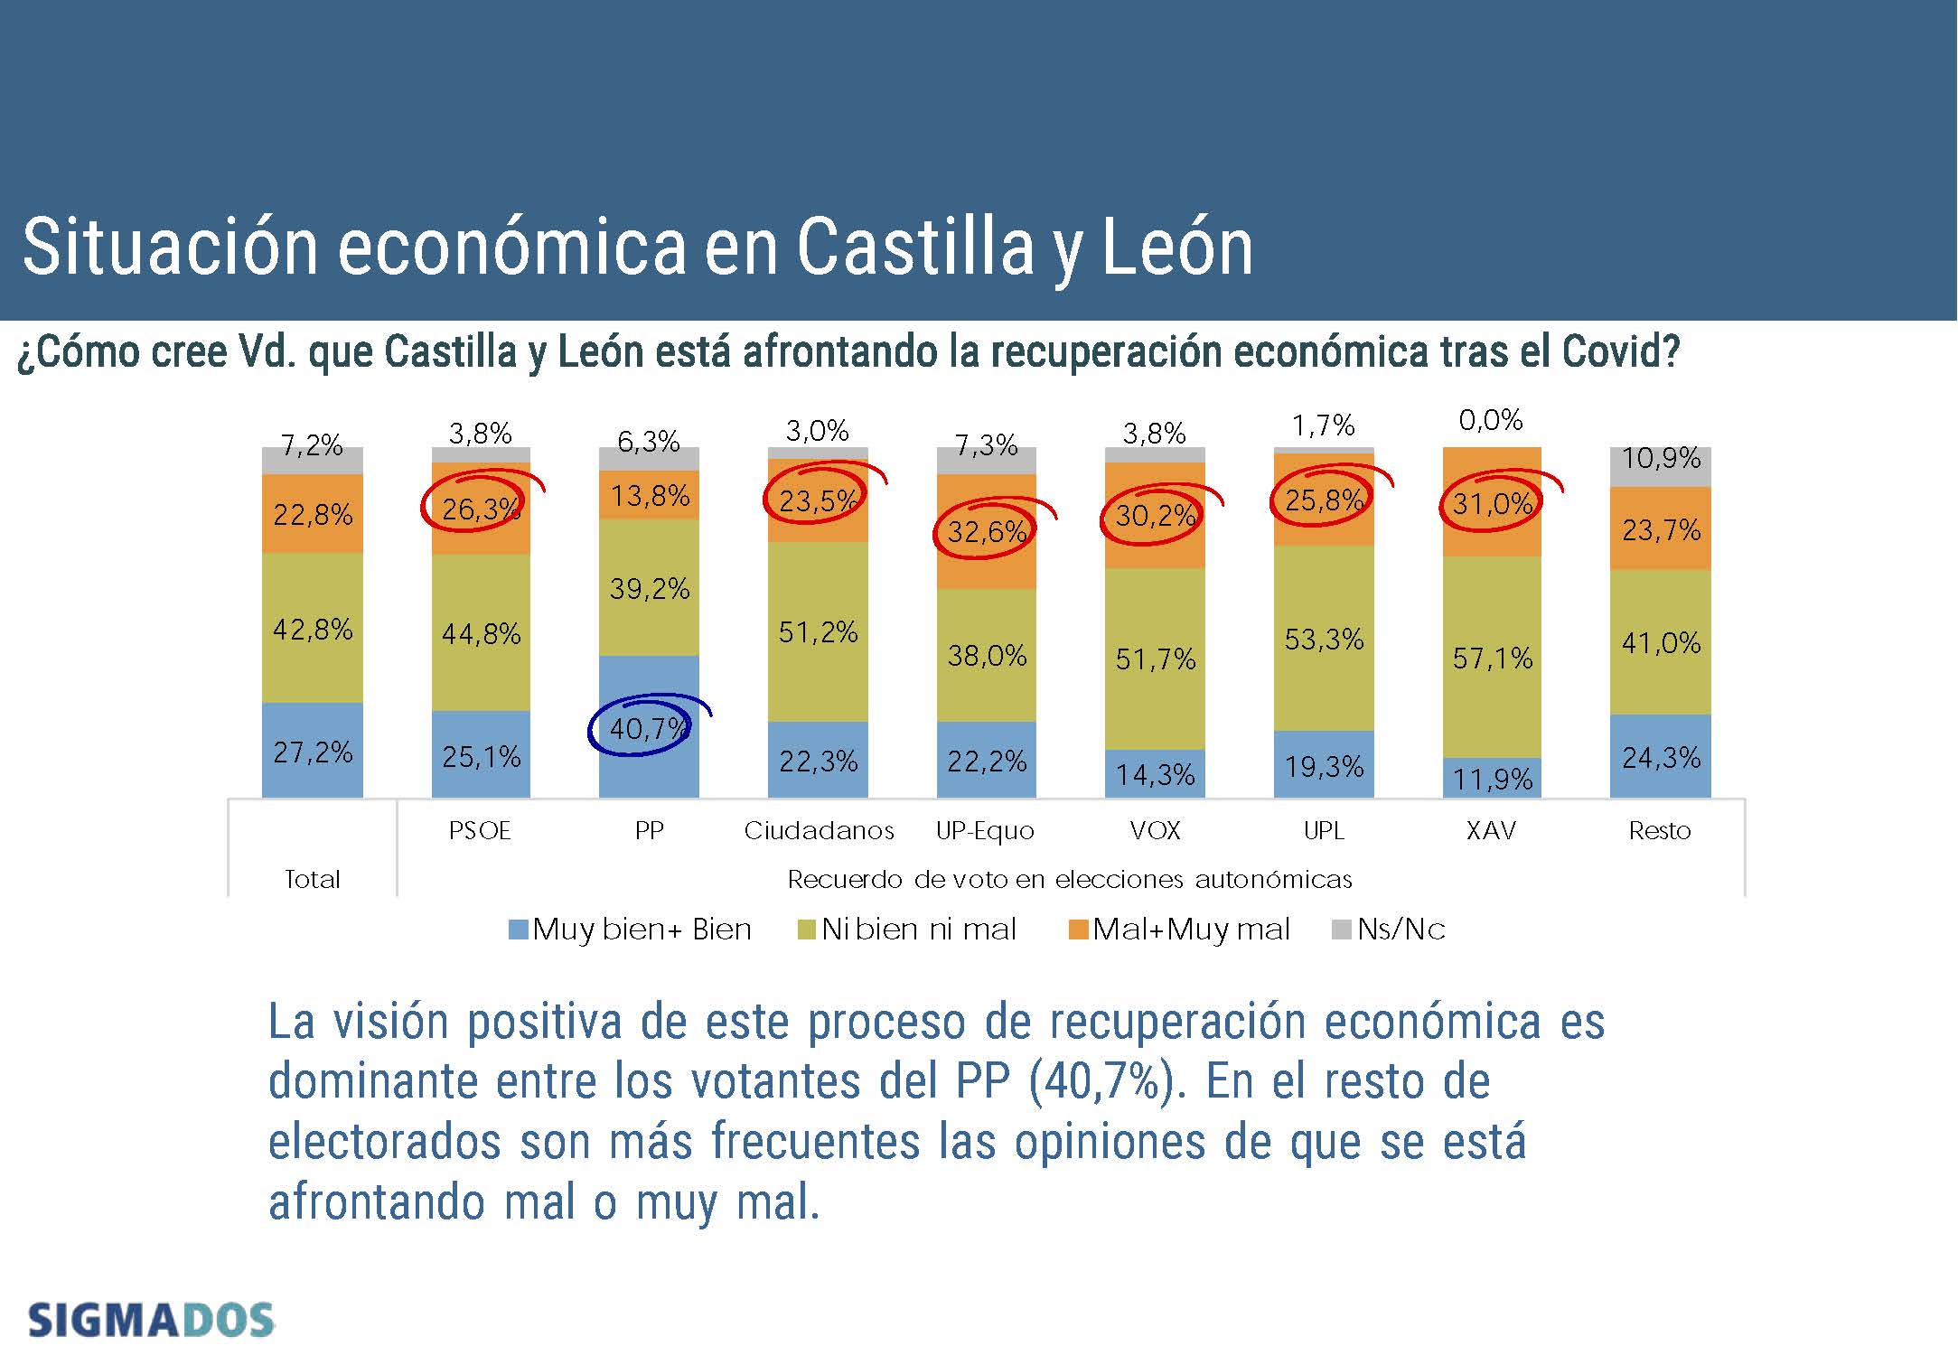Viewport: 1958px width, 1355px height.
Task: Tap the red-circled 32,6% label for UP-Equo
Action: (x=986, y=531)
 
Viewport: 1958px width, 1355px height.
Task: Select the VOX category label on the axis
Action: (x=1155, y=830)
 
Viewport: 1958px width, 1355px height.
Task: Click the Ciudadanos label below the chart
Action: (x=819, y=830)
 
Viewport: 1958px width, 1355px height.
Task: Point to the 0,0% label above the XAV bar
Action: (x=1491, y=420)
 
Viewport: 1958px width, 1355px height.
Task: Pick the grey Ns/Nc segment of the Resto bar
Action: (x=1660, y=466)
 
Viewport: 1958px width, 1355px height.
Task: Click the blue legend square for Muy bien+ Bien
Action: (x=518, y=930)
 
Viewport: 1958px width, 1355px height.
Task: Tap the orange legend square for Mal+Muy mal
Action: (x=1077, y=930)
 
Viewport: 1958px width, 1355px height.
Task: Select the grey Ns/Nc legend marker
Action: (x=1342, y=930)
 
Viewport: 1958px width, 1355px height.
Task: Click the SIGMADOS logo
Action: (x=151, y=1321)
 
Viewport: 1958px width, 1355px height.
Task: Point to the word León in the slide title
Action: (x=1177, y=247)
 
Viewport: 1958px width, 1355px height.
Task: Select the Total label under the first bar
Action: (x=312, y=879)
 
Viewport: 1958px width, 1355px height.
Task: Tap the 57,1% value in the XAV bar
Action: (x=1492, y=658)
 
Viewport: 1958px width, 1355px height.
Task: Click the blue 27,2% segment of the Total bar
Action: (x=313, y=752)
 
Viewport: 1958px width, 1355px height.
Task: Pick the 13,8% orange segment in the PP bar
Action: (x=650, y=495)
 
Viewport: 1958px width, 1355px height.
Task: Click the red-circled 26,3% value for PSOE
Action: (x=480, y=509)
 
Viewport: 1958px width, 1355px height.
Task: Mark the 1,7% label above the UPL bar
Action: (x=1323, y=425)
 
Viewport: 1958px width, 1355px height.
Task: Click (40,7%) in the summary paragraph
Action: (x=1106, y=1081)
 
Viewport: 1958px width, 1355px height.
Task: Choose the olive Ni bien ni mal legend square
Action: (x=807, y=930)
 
